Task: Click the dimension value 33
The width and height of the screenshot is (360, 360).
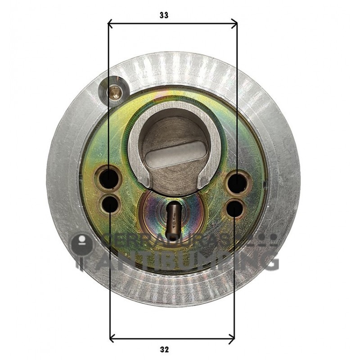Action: [164, 15]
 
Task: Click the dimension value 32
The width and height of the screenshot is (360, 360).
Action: [164, 349]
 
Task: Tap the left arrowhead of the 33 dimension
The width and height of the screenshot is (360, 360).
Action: [111, 24]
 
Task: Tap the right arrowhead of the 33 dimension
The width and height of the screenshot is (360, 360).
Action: [234, 24]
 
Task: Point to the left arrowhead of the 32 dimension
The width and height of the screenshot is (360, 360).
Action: [112, 337]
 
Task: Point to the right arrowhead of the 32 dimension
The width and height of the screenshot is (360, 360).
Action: [232, 337]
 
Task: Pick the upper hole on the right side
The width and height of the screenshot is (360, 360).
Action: [237, 183]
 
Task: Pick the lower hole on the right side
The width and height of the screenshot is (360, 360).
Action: [235, 207]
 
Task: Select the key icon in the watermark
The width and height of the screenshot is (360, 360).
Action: [81, 250]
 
